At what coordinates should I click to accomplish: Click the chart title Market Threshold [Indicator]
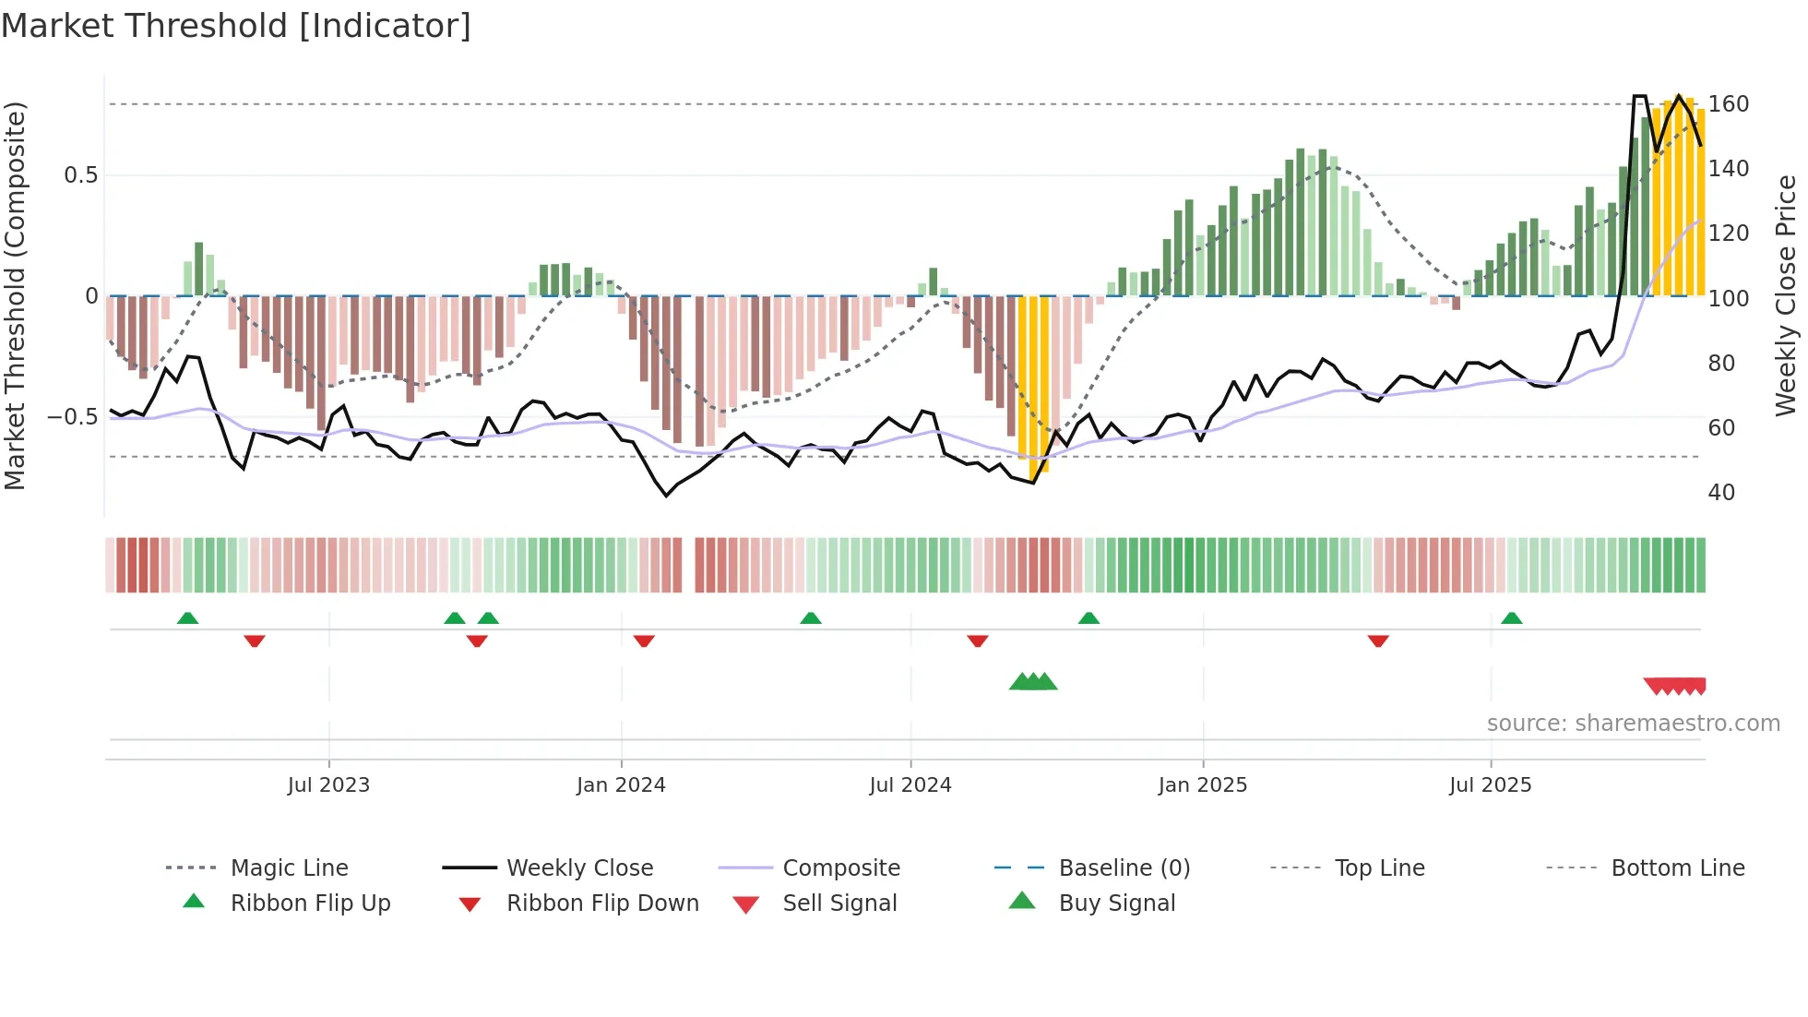click(236, 26)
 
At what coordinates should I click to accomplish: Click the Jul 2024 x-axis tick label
click(910, 784)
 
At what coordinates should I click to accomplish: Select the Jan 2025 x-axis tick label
click(1202, 784)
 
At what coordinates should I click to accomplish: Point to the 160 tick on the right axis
click(1728, 104)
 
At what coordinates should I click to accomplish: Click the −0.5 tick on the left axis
click(72, 417)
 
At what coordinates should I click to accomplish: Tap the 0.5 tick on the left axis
click(80, 175)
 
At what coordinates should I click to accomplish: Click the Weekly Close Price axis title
click(1786, 295)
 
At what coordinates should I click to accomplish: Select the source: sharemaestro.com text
click(1633, 723)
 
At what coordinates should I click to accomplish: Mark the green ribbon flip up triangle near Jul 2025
click(1511, 618)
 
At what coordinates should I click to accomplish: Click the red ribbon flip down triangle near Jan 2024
click(644, 640)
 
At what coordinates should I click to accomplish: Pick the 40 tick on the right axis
click(1720, 492)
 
